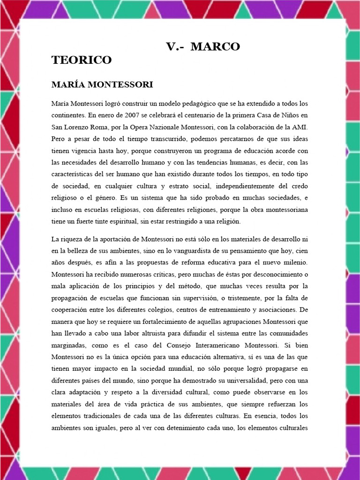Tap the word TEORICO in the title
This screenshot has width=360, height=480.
tap(82, 60)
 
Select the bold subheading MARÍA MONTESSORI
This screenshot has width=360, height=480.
tap(102, 85)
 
